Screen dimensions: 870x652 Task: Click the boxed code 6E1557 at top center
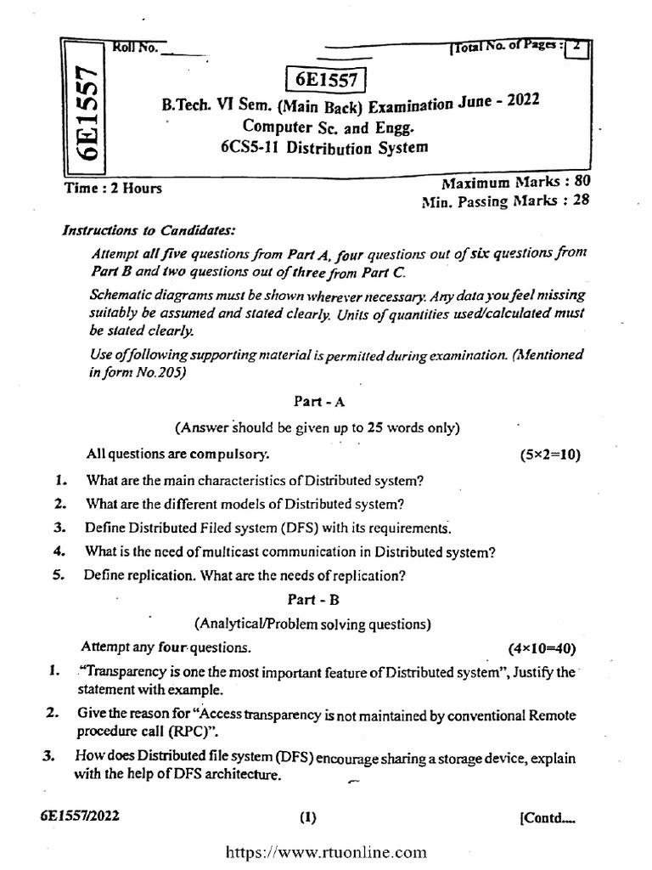[x=325, y=80]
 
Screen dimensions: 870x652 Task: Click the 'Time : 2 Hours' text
[x=114, y=188]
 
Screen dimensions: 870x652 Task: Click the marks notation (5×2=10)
[x=549, y=455]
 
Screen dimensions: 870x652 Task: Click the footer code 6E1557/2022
[x=80, y=816]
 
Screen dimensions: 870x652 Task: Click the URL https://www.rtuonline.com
[x=325, y=852]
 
